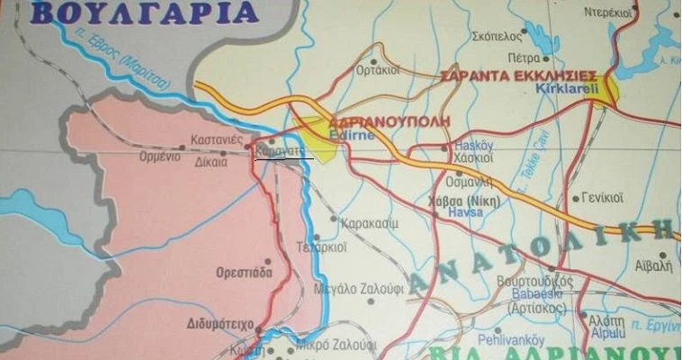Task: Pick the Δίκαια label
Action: point(212,163)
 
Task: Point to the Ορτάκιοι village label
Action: point(377,68)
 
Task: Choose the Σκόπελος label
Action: point(497,37)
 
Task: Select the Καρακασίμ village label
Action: point(371,218)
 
